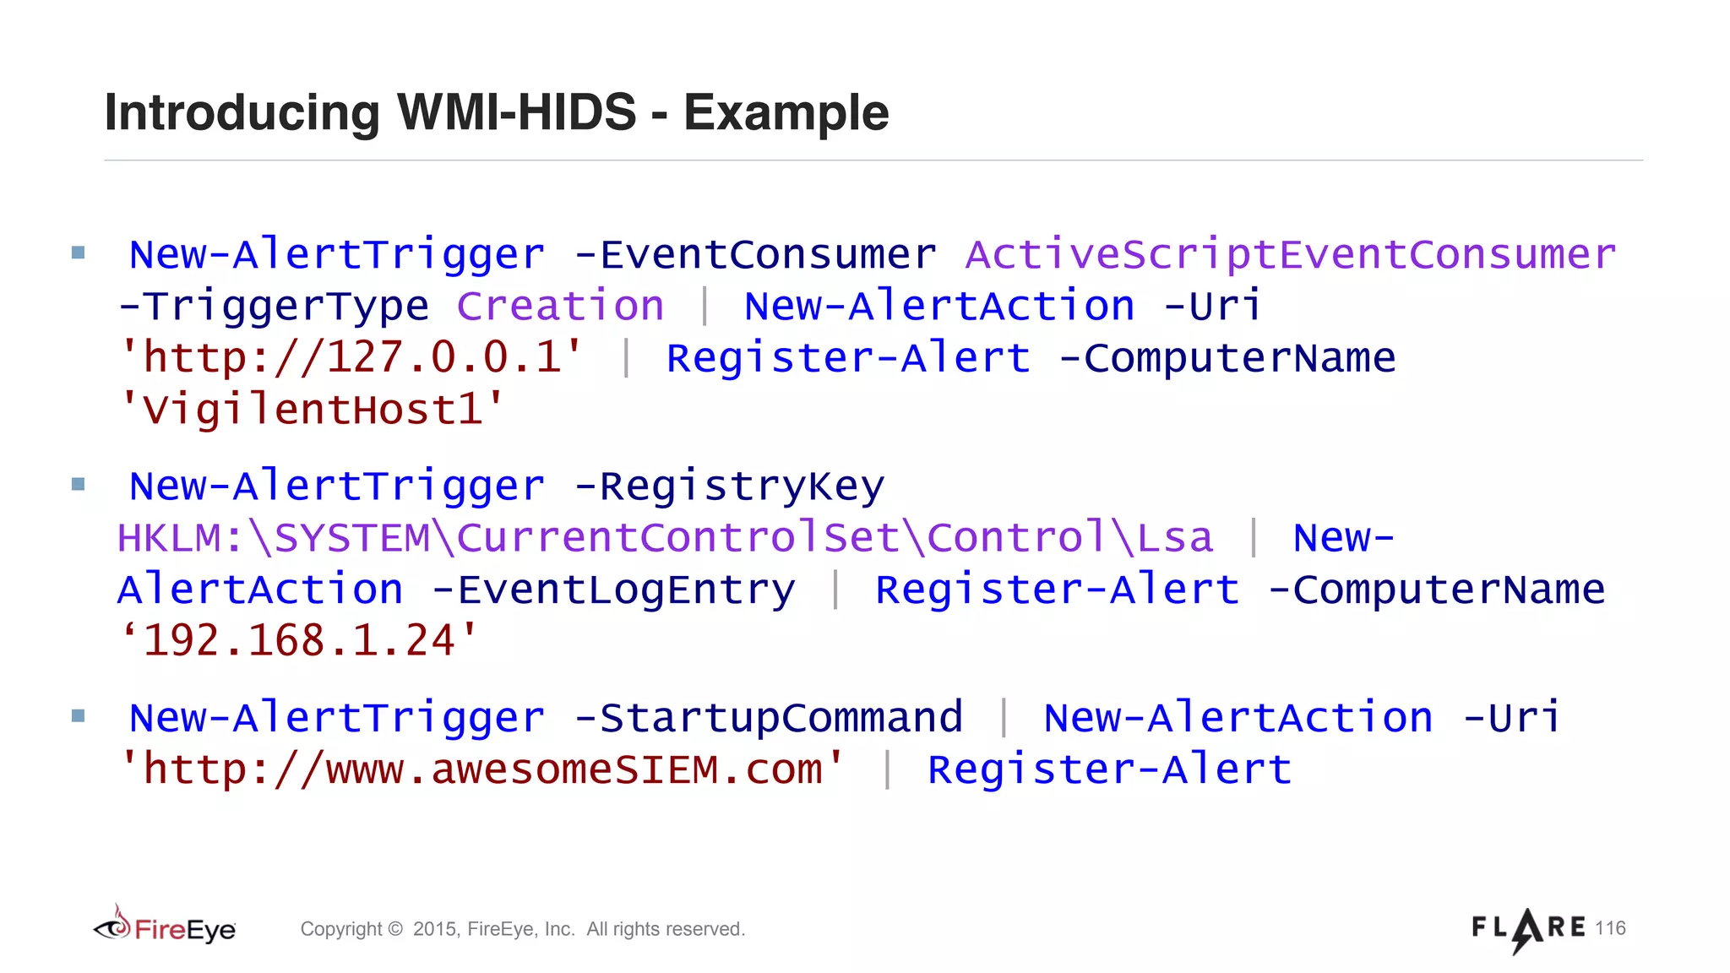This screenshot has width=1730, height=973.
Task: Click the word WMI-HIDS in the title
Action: tap(516, 112)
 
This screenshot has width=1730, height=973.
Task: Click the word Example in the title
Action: tap(786, 112)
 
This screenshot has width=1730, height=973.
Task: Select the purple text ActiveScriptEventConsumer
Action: tap(1290, 254)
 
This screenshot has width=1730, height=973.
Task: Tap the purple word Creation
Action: tap(560, 306)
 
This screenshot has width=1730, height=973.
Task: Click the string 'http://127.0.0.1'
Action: tap(351, 357)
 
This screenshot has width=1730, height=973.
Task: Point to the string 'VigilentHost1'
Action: tap(312, 410)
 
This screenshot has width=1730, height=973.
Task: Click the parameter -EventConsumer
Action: tap(755, 254)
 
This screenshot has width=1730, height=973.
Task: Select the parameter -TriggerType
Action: tap(274, 307)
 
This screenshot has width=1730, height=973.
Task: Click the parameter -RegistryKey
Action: tap(729, 486)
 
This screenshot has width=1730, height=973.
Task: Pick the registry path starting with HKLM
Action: tap(665, 538)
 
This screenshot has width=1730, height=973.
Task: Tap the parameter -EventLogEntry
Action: tap(613, 590)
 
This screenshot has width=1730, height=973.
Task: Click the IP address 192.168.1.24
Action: tap(299, 641)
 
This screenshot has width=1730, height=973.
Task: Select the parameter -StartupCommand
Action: tap(768, 718)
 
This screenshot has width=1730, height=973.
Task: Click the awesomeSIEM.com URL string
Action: tap(482, 769)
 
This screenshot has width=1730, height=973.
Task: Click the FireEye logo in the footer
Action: tap(165, 927)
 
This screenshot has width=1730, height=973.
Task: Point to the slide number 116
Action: tap(1610, 928)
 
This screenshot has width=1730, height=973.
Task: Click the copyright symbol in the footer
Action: tap(395, 929)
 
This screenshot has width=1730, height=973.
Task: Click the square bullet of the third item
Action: tap(79, 716)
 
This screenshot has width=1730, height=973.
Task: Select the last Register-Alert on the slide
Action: tap(1109, 769)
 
